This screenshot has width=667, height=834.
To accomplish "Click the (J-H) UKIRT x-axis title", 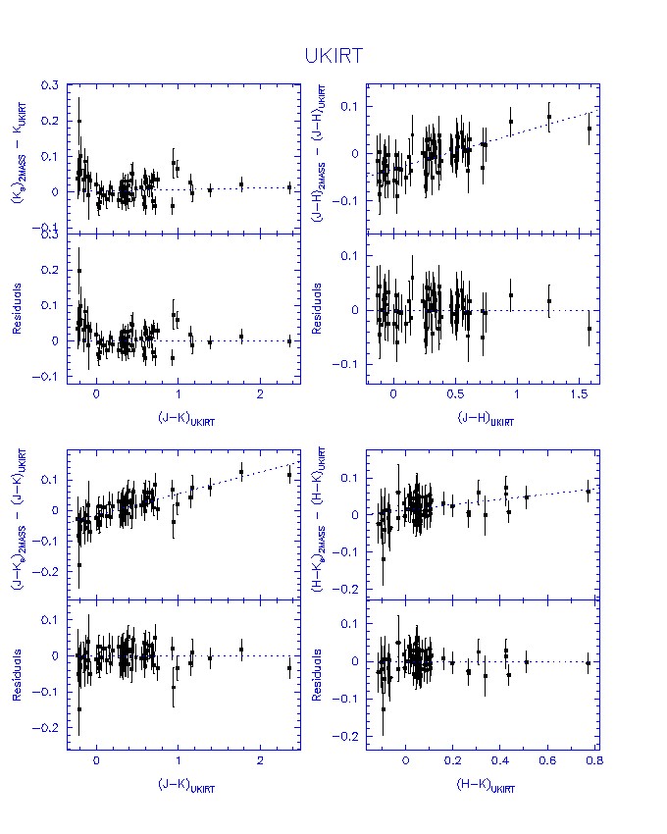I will (x=485, y=418).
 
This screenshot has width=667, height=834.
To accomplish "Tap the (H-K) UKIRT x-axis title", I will (x=485, y=787).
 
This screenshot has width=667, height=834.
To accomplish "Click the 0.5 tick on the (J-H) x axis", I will (x=455, y=394).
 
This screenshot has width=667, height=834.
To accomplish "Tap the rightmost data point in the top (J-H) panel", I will (x=589, y=128).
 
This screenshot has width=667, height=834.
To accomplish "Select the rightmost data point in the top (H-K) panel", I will (x=589, y=491).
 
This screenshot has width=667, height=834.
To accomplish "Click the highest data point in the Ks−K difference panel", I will (x=79, y=122).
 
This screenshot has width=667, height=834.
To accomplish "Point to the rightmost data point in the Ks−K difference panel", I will (x=289, y=186).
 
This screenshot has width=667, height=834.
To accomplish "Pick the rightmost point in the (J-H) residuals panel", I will (x=589, y=328).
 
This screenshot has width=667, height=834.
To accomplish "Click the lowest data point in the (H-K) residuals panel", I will (x=384, y=708).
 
